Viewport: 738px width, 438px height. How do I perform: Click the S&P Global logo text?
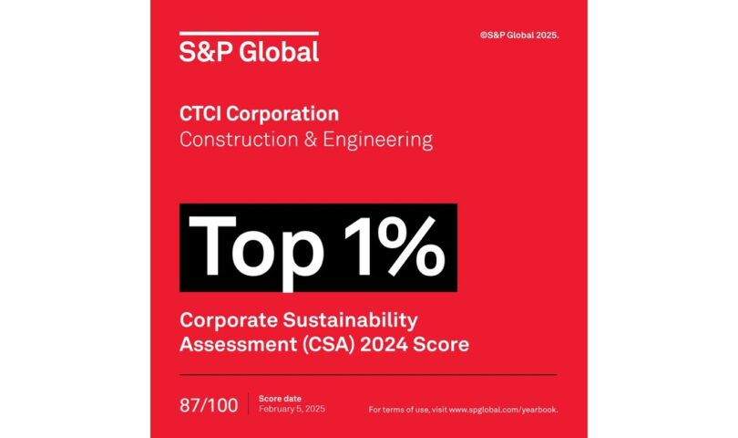pos(249,52)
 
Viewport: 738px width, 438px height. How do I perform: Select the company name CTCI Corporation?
pos(259,115)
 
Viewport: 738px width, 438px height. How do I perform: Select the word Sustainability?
pos(356,319)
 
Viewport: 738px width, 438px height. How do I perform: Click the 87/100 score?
pos(208,405)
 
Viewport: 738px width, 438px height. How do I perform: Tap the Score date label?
pos(278,400)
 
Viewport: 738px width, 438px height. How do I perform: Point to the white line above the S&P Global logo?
pos(249,34)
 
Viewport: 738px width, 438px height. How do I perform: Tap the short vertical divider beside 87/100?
pos(248,405)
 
